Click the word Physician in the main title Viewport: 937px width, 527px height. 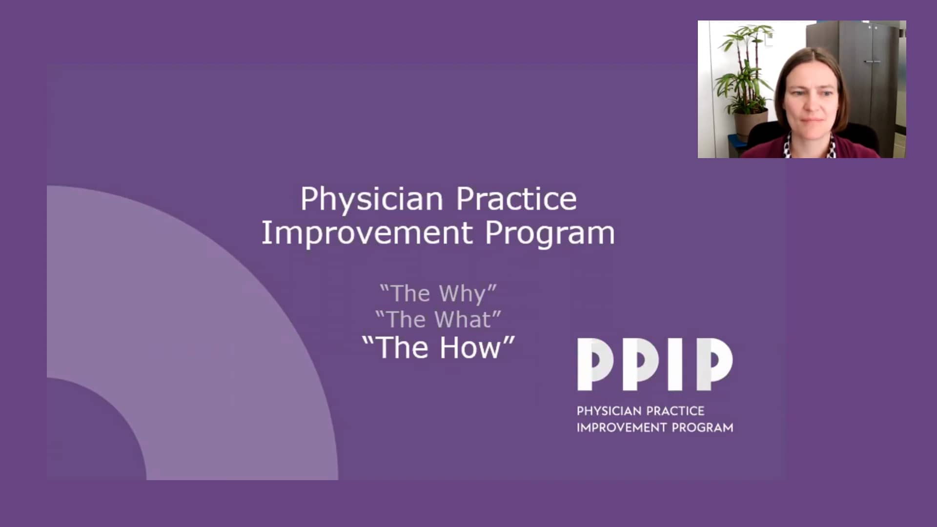tap(371, 200)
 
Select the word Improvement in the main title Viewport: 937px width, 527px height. tap(367, 233)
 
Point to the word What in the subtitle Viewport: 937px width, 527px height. tap(463, 320)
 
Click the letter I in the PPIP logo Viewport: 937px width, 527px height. tap(675, 364)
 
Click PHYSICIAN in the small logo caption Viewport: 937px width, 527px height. tap(609, 411)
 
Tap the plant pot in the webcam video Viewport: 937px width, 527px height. tap(750, 124)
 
